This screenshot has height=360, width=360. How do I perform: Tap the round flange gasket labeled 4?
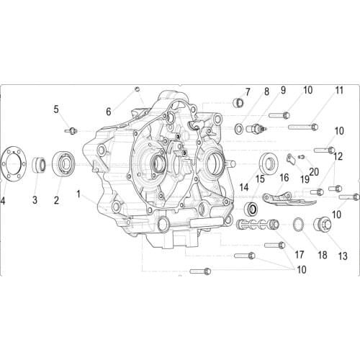tap(12, 164)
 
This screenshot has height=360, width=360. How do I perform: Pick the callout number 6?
tap(109, 111)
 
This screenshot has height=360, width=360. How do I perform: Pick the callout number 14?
tap(244, 186)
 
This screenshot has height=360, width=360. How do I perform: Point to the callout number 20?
tap(313, 171)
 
